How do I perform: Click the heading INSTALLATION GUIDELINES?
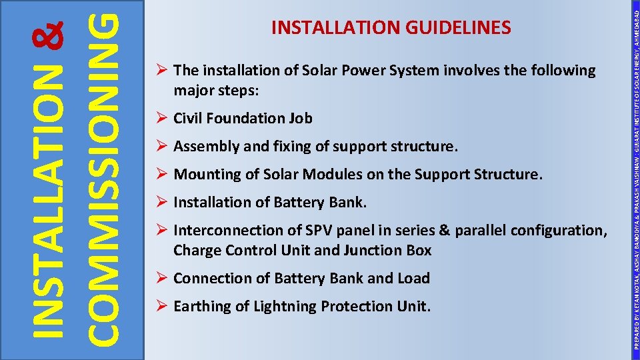click(391, 27)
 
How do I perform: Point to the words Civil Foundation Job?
click(243, 119)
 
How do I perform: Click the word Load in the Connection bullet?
click(414, 279)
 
